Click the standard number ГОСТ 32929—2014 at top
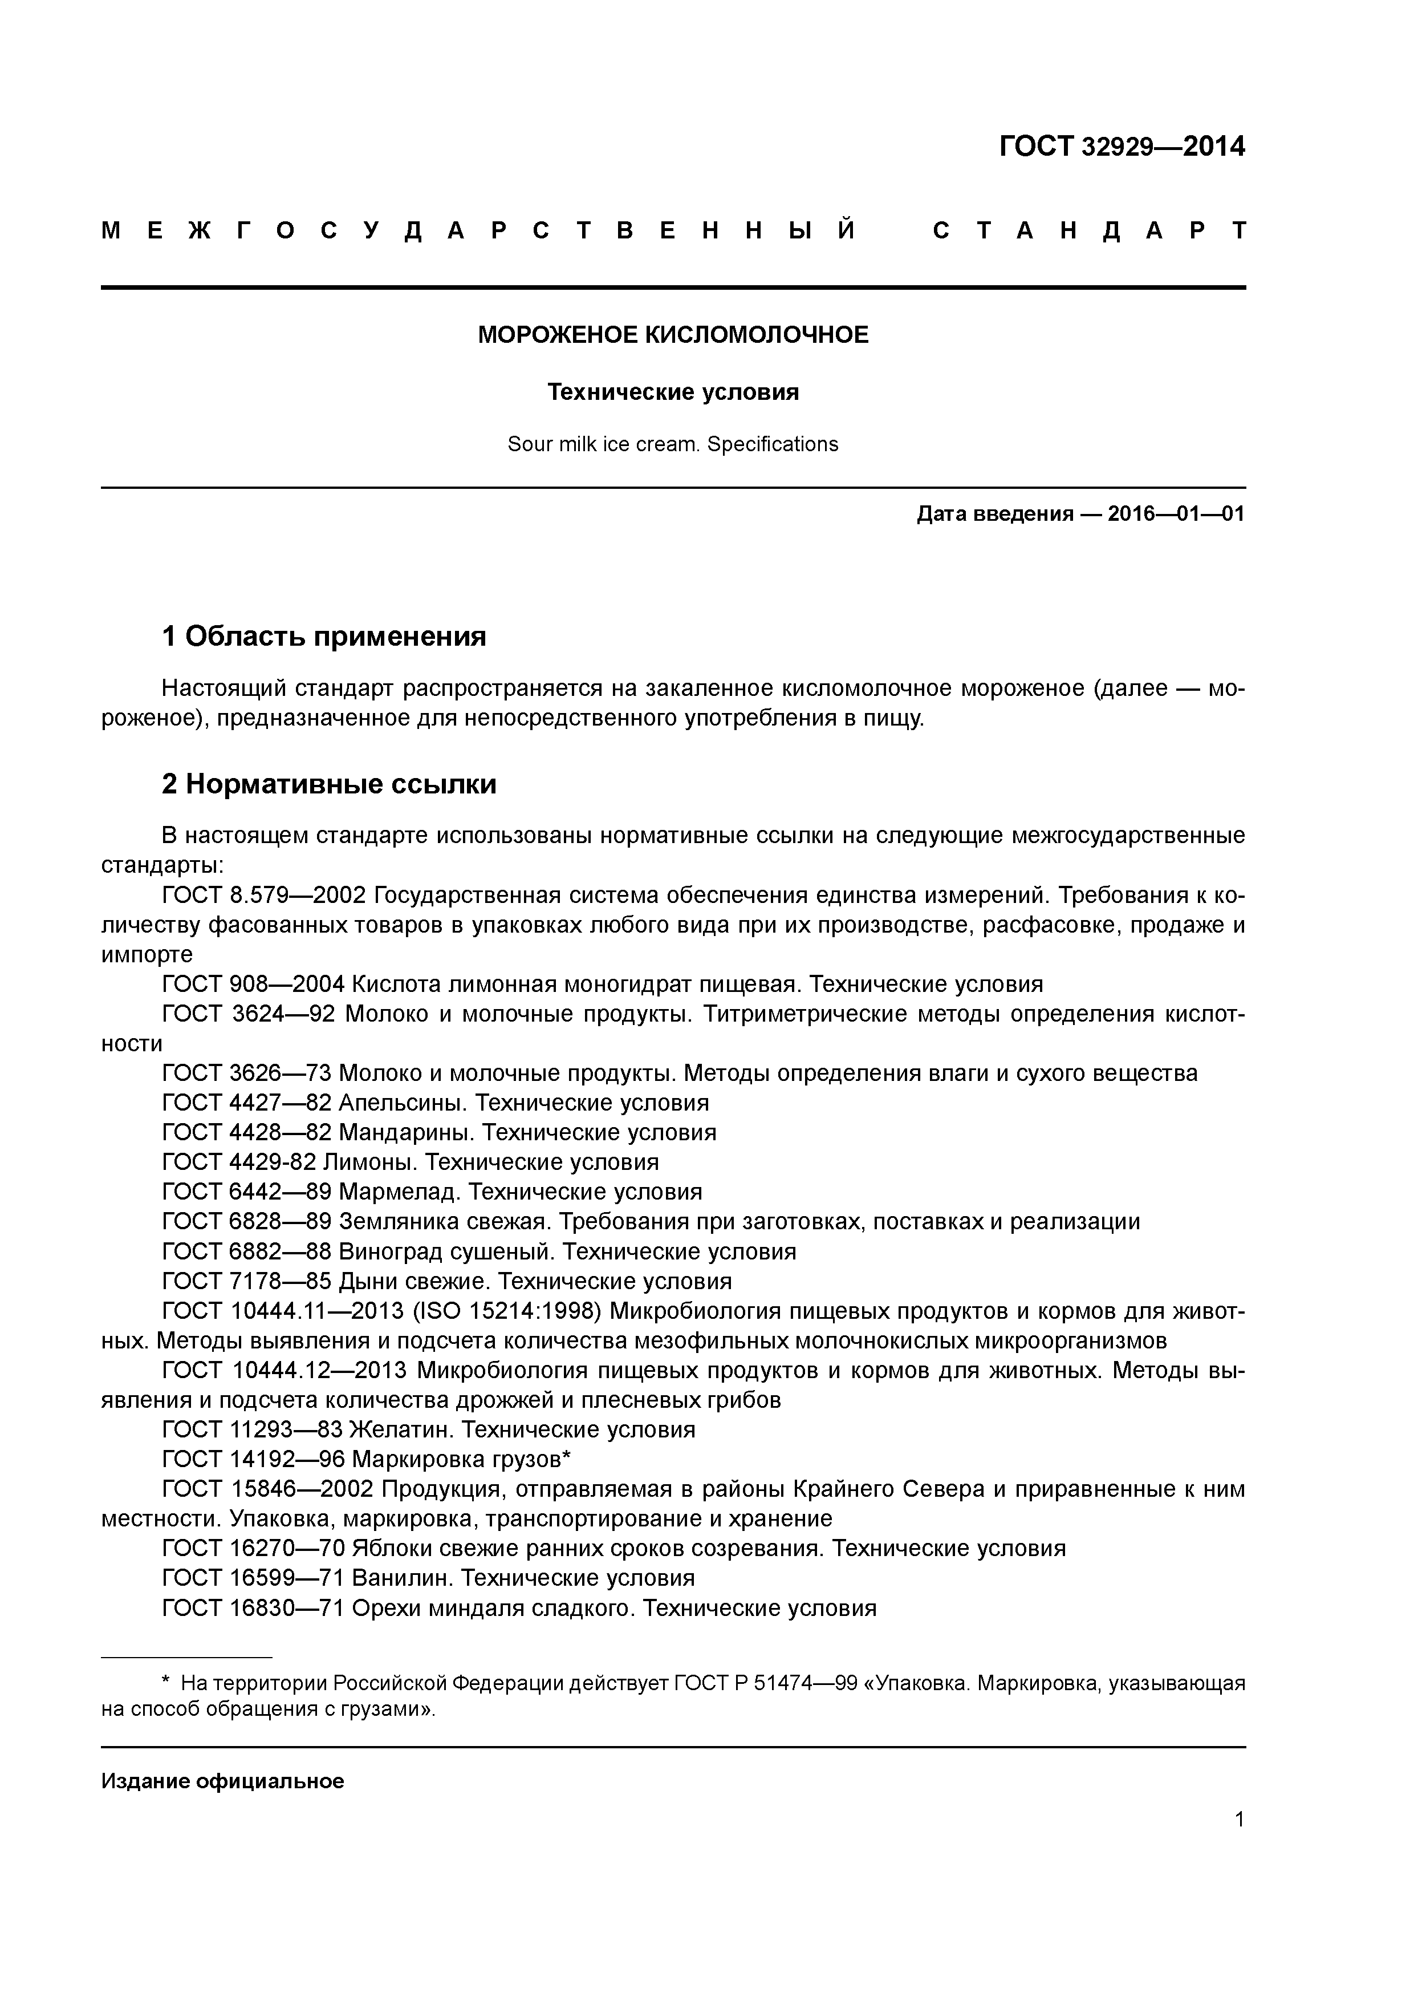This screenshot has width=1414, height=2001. coord(1122,147)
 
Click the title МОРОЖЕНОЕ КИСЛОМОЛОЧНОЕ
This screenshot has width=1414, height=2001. coord(673,335)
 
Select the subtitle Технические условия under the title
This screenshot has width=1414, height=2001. coord(673,392)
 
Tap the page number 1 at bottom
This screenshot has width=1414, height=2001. coord(1239,1819)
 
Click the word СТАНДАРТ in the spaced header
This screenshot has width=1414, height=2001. coord(1090,231)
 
